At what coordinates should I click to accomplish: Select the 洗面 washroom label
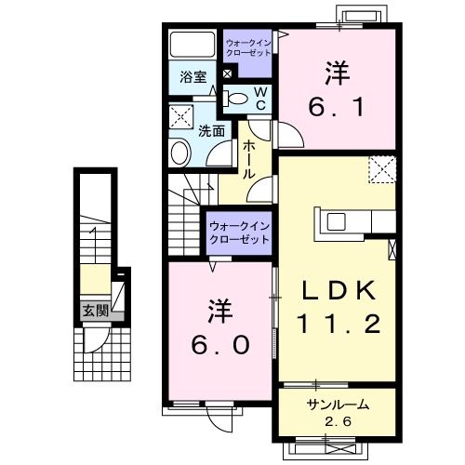tap(211, 131)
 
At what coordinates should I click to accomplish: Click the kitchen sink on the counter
tap(336, 220)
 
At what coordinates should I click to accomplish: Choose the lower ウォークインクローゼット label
tap(237, 232)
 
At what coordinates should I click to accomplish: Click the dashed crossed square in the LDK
tap(381, 169)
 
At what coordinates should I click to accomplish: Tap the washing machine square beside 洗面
tap(181, 118)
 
